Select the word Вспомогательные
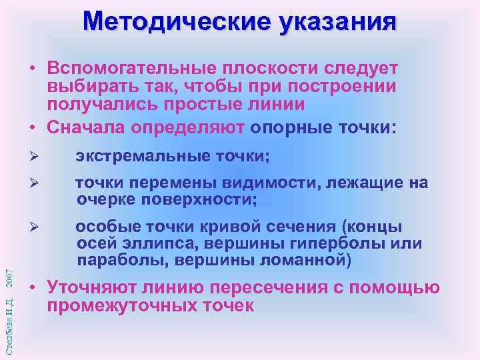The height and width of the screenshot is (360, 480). (x=131, y=69)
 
